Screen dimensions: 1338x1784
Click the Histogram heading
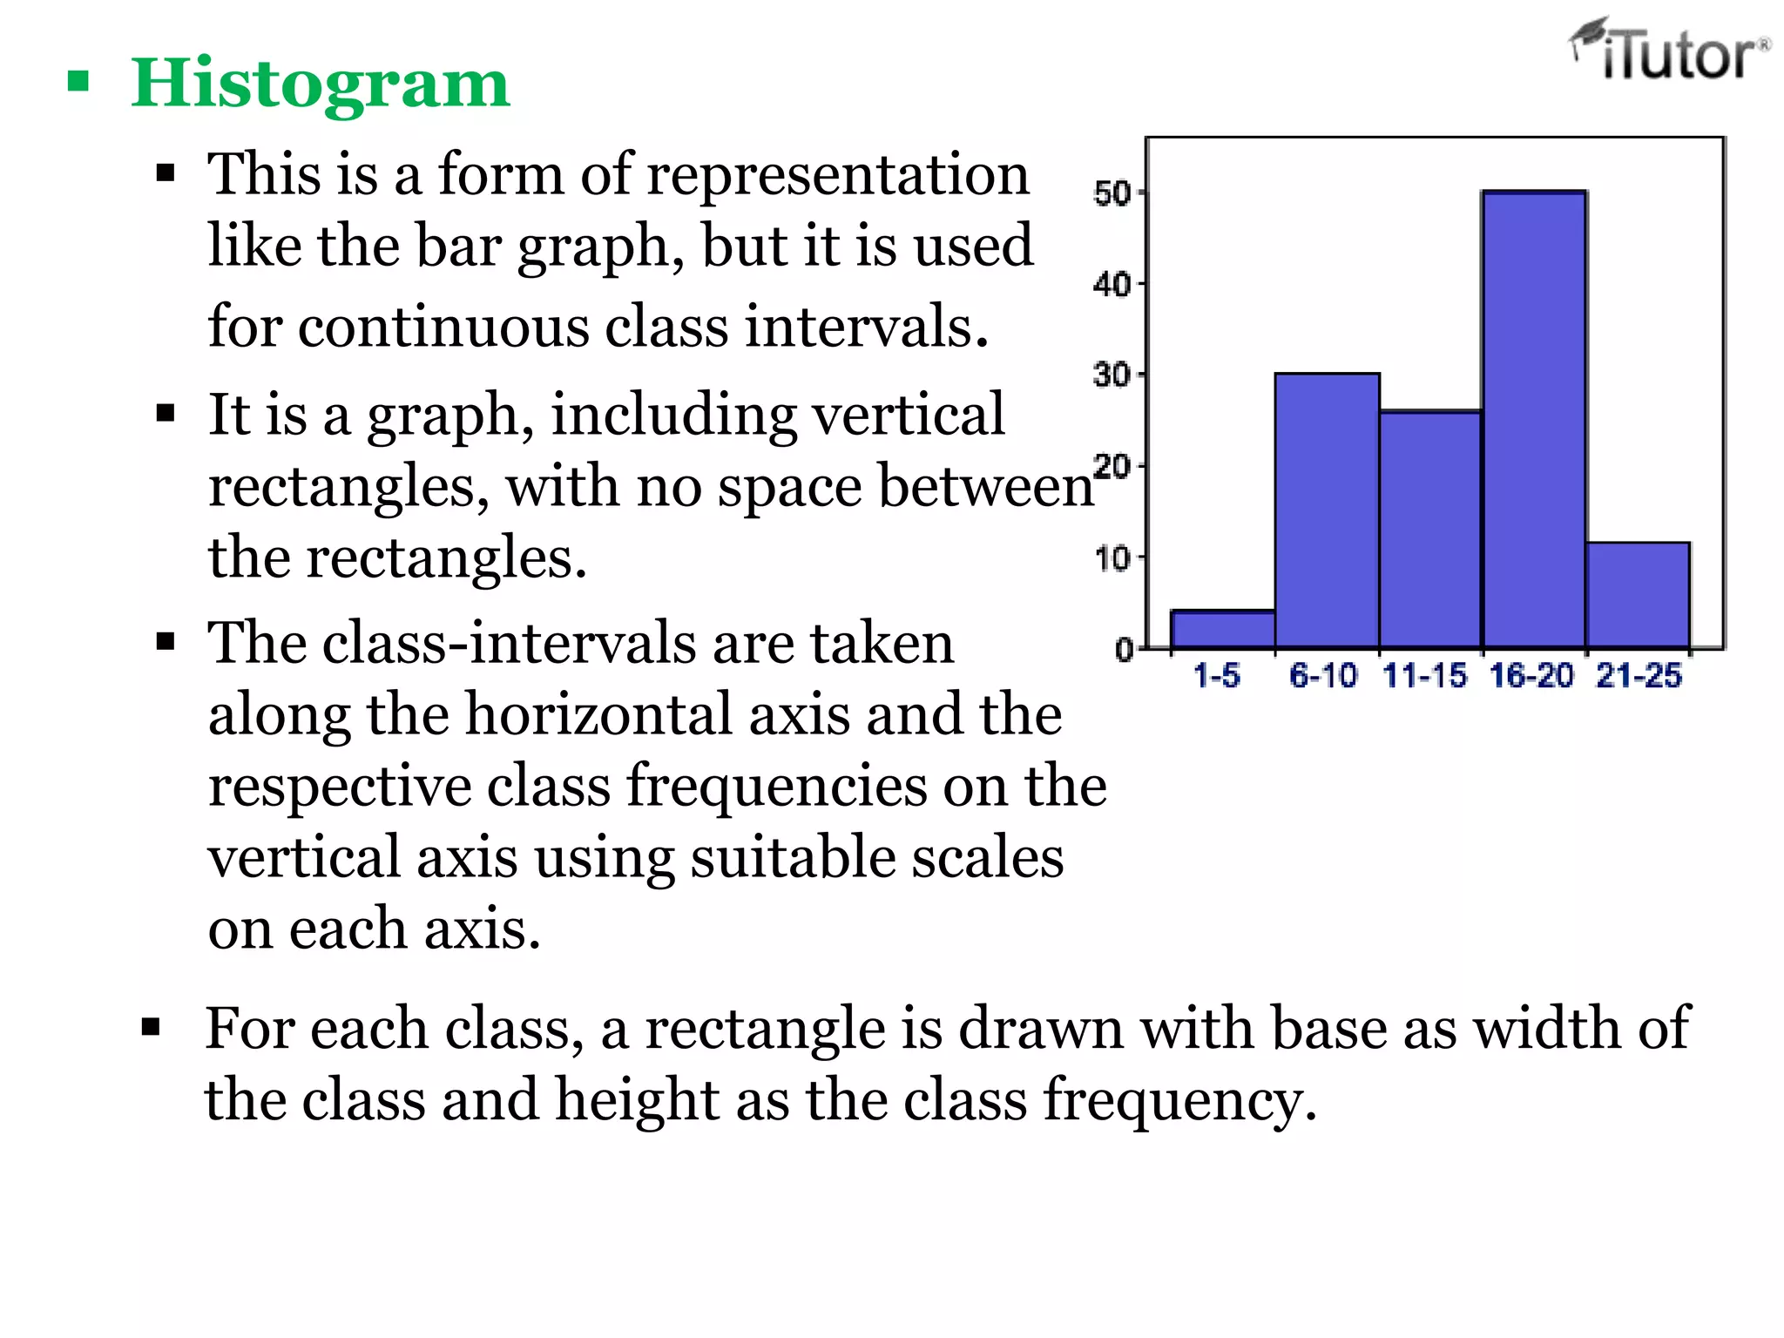[x=320, y=84]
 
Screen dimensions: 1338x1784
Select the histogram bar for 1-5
[x=1223, y=630]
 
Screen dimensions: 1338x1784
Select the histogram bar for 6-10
[x=1327, y=512]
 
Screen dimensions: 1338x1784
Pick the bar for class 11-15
[x=1430, y=530]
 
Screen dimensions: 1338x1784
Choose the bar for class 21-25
[x=1638, y=596]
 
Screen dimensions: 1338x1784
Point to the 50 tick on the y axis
[x=1112, y=193]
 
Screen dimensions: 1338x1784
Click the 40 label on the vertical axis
[x=1112, y=284]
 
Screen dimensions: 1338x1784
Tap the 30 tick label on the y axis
[x=1112, y=375]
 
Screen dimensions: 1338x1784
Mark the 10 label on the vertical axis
[x=1112, y=558]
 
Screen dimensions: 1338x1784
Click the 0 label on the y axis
[x=1124, y=650]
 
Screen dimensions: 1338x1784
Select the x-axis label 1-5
[x=1216, y=675]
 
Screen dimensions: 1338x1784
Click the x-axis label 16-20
[x=1531, y=675]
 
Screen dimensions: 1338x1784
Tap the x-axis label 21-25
[x=1639, y=675]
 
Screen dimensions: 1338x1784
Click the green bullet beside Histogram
[x=78, y=83]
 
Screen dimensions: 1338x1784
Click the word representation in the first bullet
[x=838, y=175]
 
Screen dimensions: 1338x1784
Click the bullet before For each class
[x=151, y=1028]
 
